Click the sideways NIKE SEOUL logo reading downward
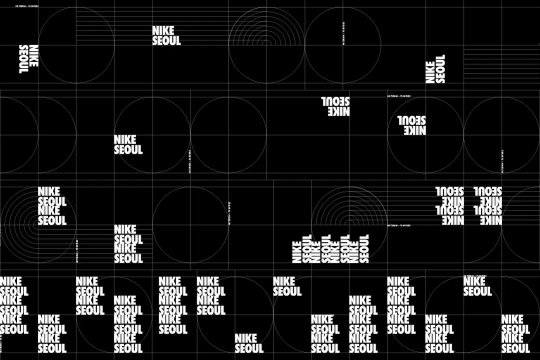pyautogui.click(x=28, y=59)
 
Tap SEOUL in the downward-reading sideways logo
pyautogui.click(x=23, y=59)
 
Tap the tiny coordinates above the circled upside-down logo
pyautogui.click(x=399, y=96)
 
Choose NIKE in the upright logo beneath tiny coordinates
pyautogui.click(x=474, y=281)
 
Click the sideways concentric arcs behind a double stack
pyautogui.click(x=20, y=220)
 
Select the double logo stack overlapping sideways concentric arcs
pyautogui.click(x=52, y=206)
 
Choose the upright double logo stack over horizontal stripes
pyautogui.click(x=128, y=244)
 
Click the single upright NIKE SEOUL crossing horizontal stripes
pyautogui.click(x=166, y=35)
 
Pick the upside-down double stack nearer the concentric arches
pyautogui.click(x=449, y=205)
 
